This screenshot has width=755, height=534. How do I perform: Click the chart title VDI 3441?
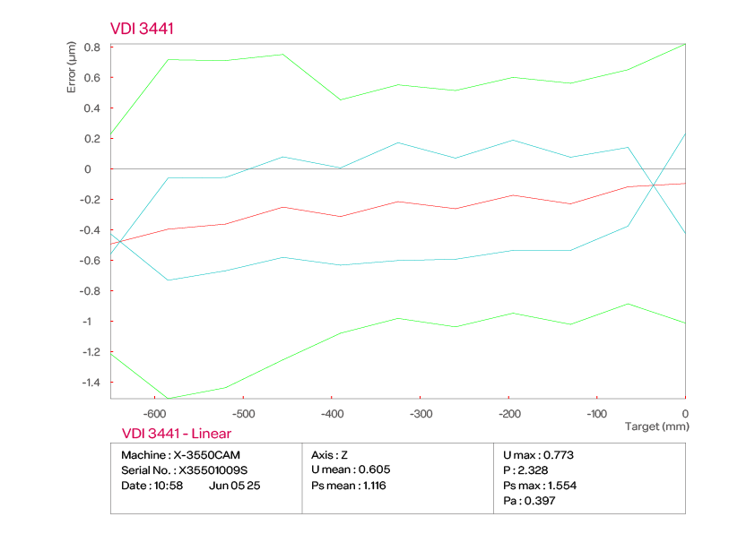142,29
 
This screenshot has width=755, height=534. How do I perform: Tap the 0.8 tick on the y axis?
91,47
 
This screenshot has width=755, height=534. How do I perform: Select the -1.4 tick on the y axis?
90,382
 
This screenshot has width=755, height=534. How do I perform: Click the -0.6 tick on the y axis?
90,261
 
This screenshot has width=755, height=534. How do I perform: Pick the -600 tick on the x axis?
154,414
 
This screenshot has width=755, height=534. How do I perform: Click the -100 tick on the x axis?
596,414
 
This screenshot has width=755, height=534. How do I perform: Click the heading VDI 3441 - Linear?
176,434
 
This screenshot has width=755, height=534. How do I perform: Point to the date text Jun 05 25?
234,485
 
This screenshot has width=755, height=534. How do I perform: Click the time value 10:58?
169,485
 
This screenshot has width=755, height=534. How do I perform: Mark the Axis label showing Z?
343,454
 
